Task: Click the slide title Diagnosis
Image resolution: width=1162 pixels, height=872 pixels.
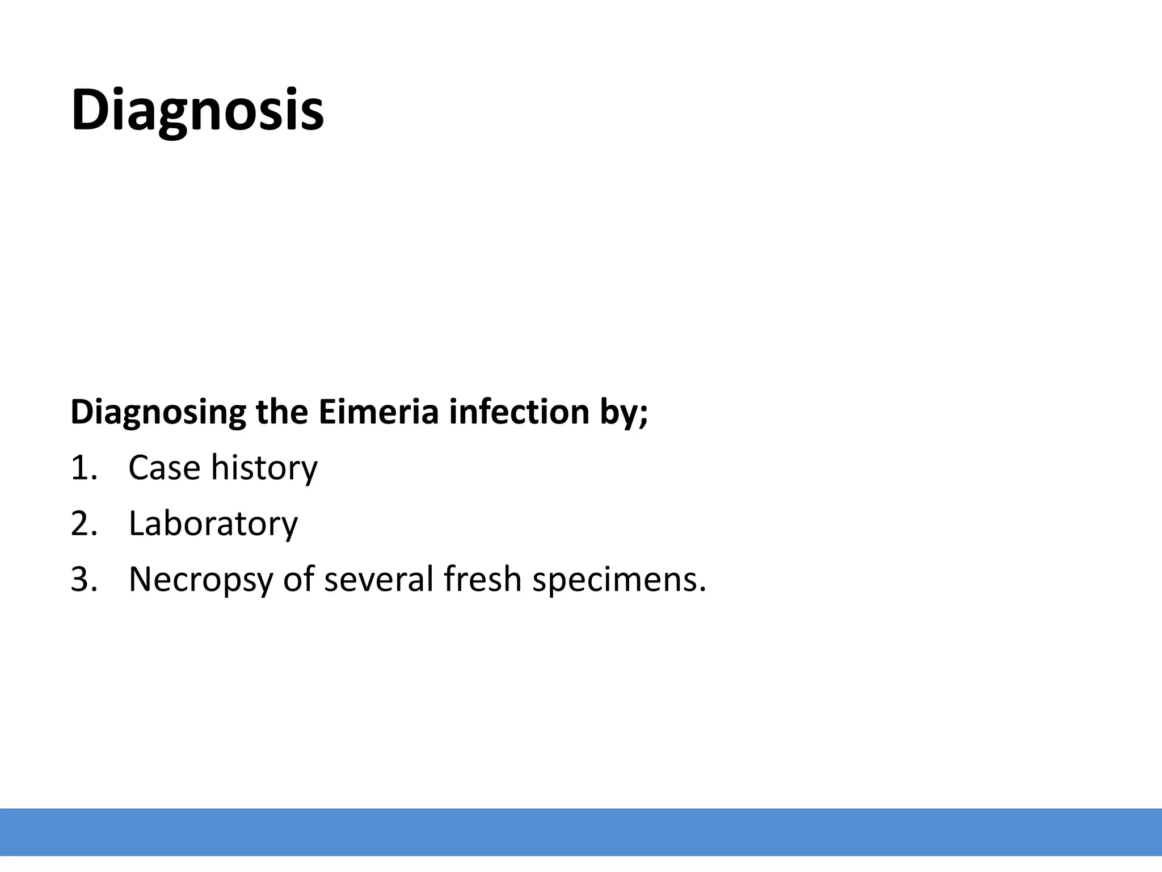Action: click(197, 110)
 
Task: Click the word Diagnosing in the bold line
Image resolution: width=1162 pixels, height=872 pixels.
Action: click(158, 413)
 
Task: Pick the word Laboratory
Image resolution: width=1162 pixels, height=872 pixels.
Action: click(213, 524)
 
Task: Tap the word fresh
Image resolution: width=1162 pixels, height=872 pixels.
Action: click(482, 578)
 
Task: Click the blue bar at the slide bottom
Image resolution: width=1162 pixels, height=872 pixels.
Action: click(581, 832)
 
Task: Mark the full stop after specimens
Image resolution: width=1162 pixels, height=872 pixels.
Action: click(703, 590)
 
